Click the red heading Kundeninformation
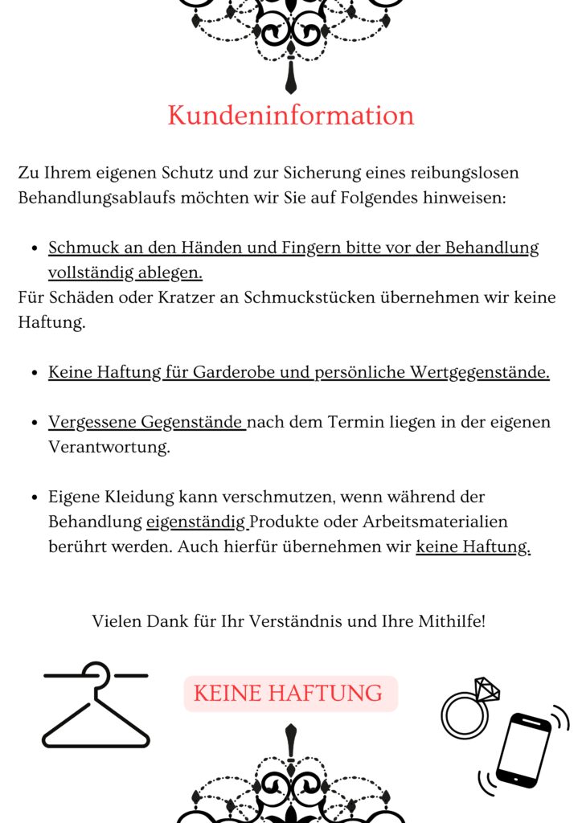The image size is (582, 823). [290, 116]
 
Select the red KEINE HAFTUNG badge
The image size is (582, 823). [290, 693]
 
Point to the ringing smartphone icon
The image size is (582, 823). [523, 748]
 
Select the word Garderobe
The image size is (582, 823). [227, 372]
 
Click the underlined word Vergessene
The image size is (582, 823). [92, 422]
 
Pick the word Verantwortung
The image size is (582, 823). [109, 448]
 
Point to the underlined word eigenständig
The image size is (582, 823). [196, 522]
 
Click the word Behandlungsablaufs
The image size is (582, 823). [101, 198]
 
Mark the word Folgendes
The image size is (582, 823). [378, 198]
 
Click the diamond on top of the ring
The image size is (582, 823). [486, 690]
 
